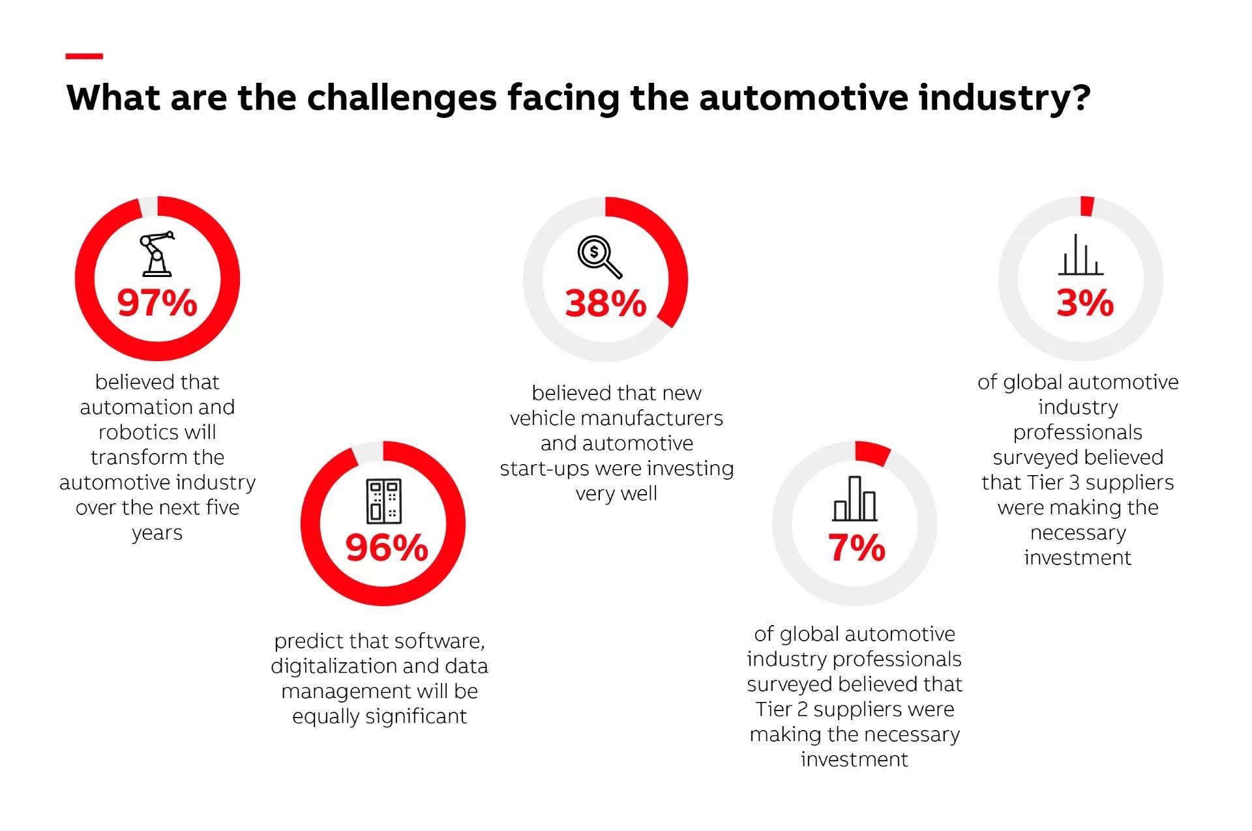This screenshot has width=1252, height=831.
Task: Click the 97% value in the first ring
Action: tap(157, 303)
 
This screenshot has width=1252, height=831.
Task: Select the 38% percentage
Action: tap(606, 303)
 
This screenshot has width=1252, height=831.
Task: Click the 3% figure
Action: tap(1085, 303)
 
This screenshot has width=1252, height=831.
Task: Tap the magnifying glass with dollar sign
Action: tap(599, 257)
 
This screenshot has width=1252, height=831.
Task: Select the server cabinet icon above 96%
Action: tap(383, 501)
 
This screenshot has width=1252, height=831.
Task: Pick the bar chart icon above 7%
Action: tap(854, 499)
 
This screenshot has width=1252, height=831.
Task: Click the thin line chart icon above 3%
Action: tap(1081, 255)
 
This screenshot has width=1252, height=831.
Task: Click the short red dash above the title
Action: tap(84, 57)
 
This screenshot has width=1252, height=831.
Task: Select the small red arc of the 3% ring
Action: tap(1086, 206)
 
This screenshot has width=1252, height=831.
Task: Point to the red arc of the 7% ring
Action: tap(872, 452)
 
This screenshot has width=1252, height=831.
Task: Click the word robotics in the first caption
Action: tap(157, 432)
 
